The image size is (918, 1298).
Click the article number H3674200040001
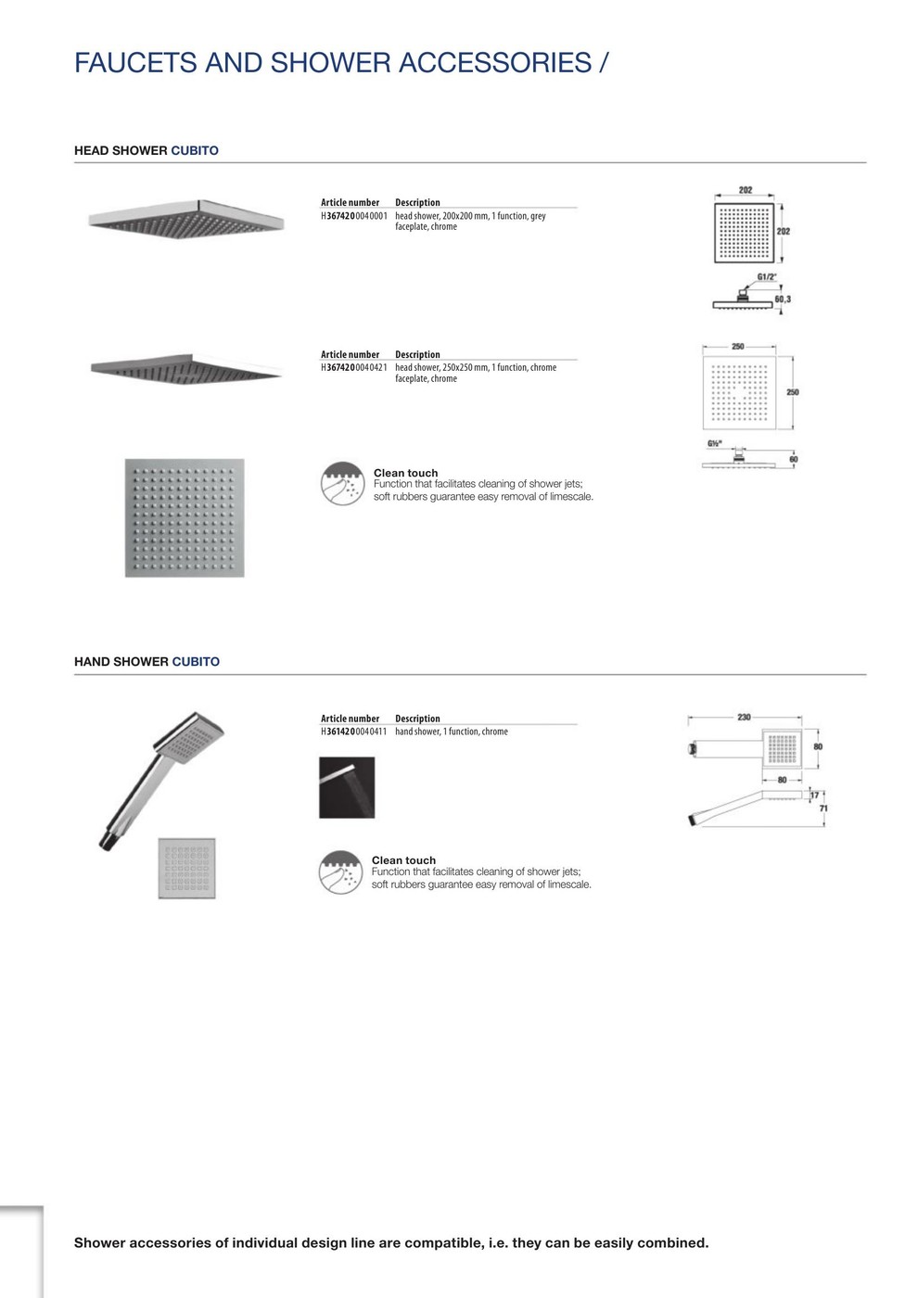(x=353, y=216)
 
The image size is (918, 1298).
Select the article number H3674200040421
(x=353, y=368)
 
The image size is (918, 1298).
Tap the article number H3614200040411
(x=353, y=732)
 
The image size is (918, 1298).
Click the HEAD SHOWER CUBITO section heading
(x=147, y=150)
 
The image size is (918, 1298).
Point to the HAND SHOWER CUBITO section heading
(x=147, y=662)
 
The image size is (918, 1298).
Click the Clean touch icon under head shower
(x=342, y=484)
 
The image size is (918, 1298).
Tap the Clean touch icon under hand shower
(x=340, y=872)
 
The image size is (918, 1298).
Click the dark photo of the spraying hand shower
(x=347, y=787)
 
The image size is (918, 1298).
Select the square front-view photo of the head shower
(x=185, y=517)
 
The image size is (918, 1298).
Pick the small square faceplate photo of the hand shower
(x=186, y=868)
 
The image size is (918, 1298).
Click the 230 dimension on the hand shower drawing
(x=744, y=717)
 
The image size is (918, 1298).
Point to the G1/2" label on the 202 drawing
(x=766, y=277)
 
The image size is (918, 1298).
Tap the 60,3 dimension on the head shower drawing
(x=783, y=299)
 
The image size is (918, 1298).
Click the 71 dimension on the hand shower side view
(x=823, y=808)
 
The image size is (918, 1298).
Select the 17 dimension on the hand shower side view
(x=815, y=795)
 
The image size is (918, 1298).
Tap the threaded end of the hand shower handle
(x=105, y=843)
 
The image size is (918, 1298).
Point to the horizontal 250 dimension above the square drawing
(x=737, y=347)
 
